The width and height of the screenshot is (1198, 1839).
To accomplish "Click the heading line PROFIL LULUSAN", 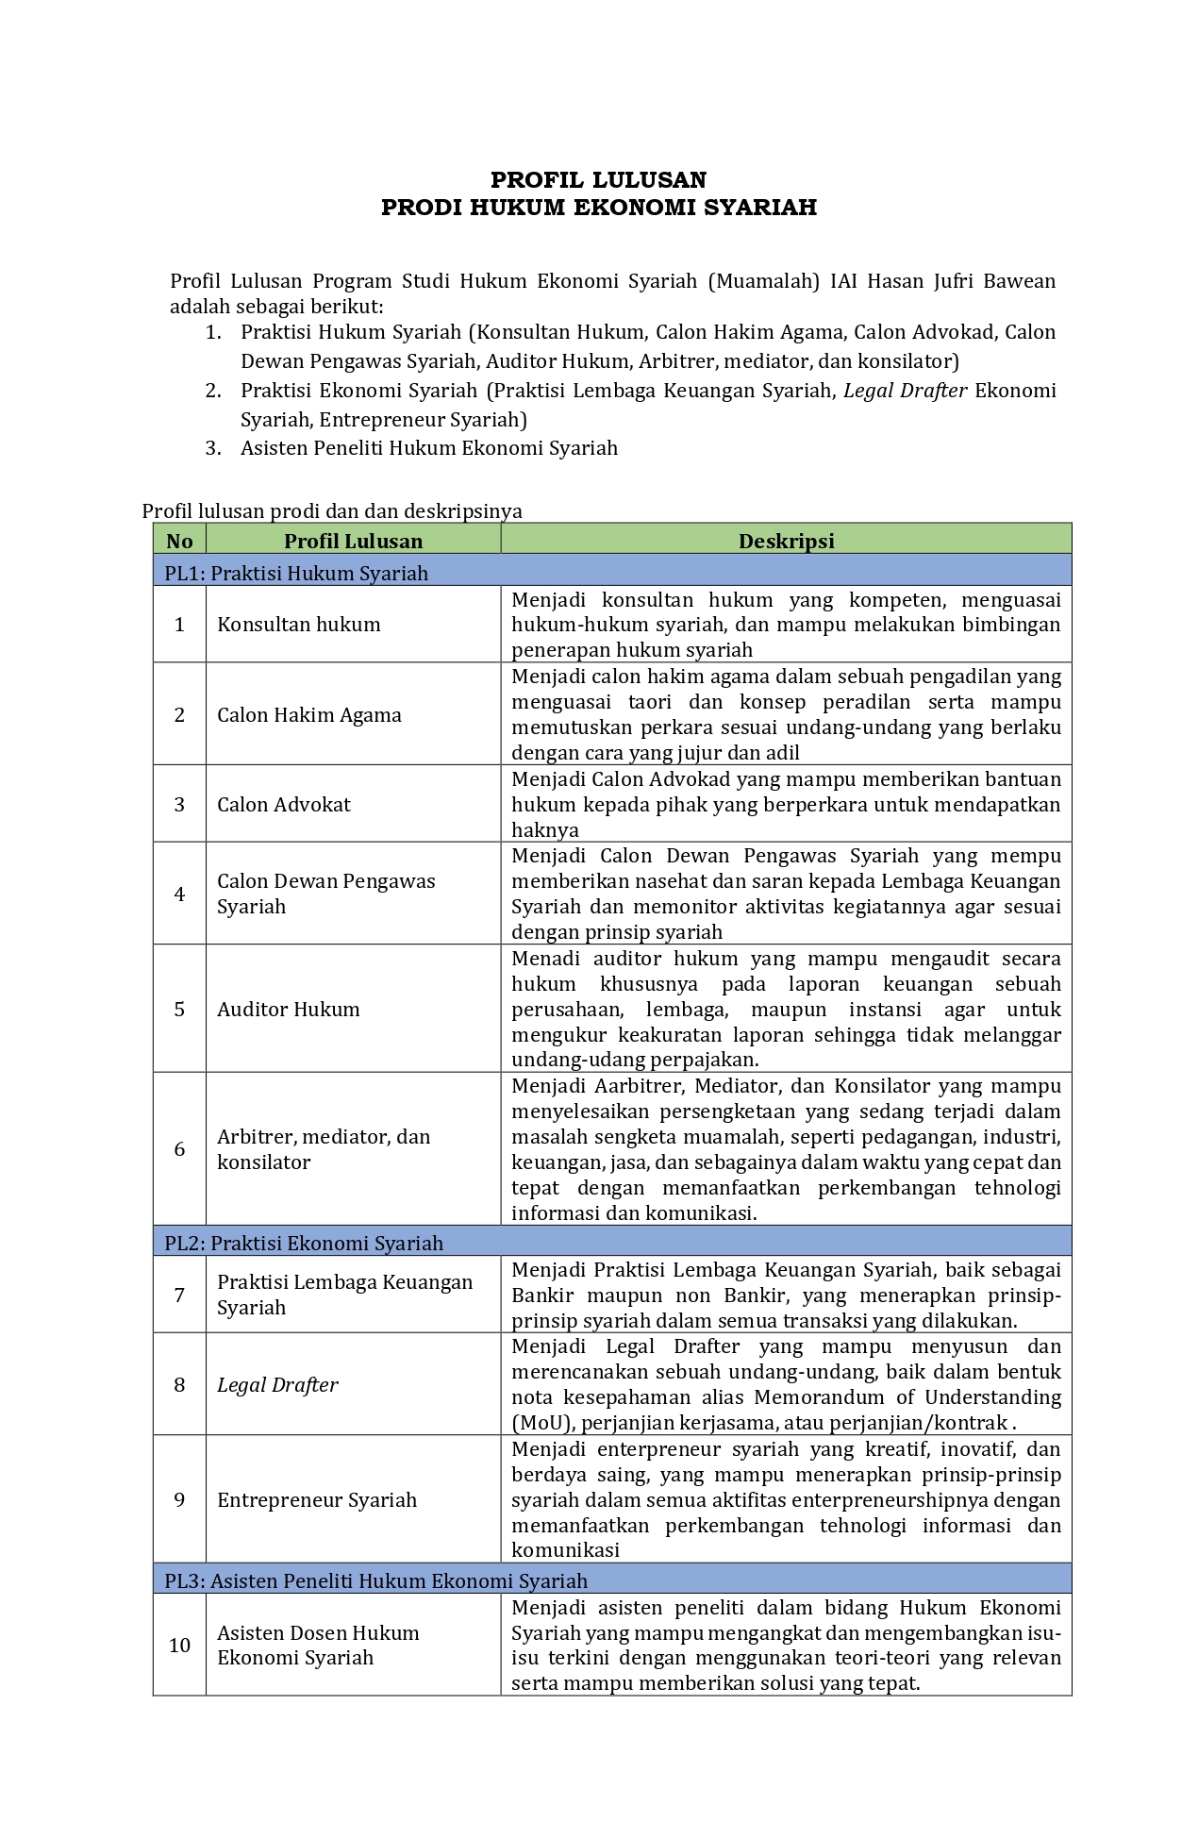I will [598, 180].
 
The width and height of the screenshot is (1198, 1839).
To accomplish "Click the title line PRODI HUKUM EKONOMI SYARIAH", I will [598, 208].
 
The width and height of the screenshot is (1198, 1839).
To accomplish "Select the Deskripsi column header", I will [786, 541].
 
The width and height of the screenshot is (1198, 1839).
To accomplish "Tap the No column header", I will [179, 541].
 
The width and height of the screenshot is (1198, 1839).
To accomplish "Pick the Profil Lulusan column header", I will [353, 541].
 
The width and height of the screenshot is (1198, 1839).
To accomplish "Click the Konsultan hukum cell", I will [299, 625].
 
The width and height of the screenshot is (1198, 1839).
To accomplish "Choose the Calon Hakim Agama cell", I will [309, 715].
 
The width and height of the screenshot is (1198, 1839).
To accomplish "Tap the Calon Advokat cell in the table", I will [284, 805].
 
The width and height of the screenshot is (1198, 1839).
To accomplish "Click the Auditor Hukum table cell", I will [289, 1010].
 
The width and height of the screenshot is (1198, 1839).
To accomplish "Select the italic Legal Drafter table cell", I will [277, 1385].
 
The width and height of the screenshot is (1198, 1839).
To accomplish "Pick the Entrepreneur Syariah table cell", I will [317, 1500].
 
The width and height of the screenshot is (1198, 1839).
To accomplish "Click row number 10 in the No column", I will [179, 1646].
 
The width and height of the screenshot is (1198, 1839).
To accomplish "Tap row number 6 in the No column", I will [179, 1149].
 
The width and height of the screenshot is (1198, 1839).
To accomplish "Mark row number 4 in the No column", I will [179, 894].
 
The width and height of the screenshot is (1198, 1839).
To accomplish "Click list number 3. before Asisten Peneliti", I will [213, 448].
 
